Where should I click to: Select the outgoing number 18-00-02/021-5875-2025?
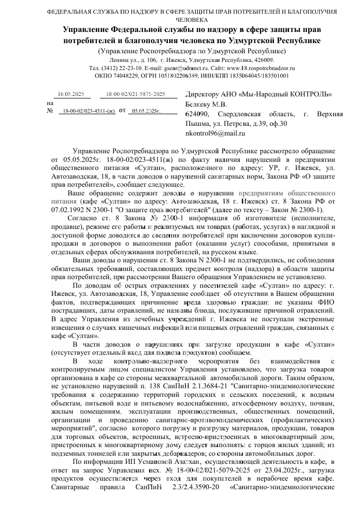coord(135,94)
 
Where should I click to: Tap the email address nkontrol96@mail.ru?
coord(215,133)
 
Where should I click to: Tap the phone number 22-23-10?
coord(119,67)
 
